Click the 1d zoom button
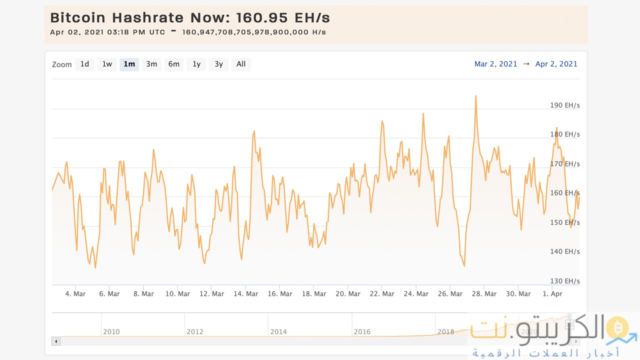(x=84, y=64)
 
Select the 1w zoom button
(x=107, y=64)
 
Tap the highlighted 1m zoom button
(x=129, y=64)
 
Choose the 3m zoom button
(x=151, y=64)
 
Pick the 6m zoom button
(x=173, y=64)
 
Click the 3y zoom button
(x=218, y=64)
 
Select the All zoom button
(x=241, y=64)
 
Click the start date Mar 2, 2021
(x=495, y=64)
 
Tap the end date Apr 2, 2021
(x=556, y=64)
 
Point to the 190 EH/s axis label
(x=564, y=105)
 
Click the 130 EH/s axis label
(x=564, y=281)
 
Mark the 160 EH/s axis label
(x=564, y=193)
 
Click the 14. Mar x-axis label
(x=245, y=294)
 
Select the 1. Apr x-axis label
(x=552, y=294)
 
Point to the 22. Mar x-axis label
(x=381, y=294)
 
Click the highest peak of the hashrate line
(x=475, y=96)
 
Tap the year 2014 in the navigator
(x=278, y=331)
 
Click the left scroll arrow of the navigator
(x=56, y=341)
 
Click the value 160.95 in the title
(x=261, y=18)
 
